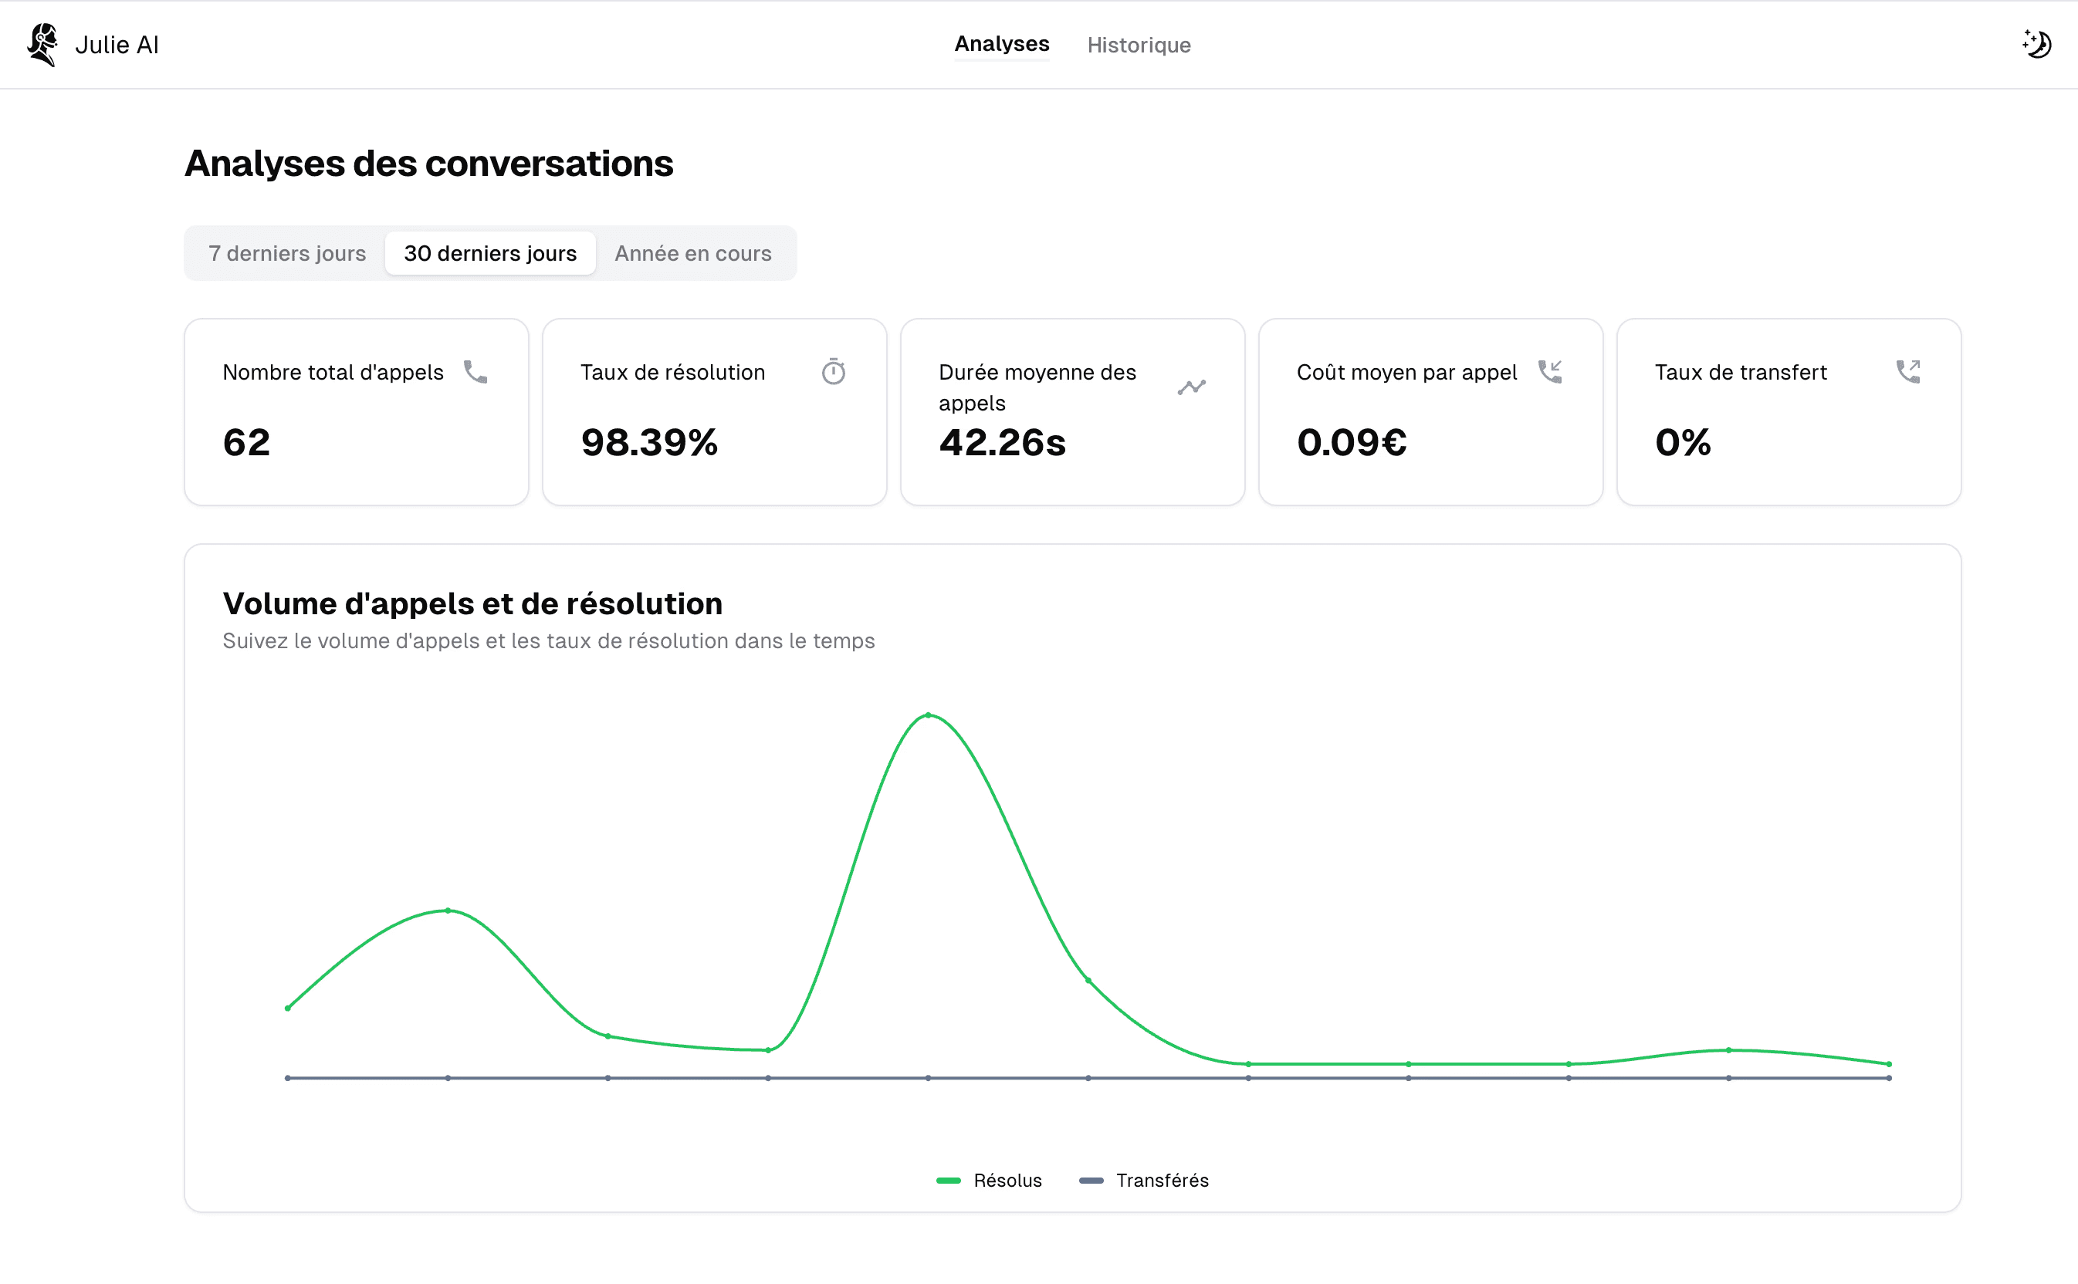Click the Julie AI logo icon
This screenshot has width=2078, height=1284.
(x=42, y=44)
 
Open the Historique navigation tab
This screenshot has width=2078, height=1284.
(x=1139, y=45)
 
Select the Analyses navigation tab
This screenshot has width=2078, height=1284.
(x=1002, y=44)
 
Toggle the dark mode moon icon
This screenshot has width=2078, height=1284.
(x=2036, y=44)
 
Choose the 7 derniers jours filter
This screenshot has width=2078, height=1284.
(x=287, y=253)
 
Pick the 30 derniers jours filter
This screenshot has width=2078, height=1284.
(x=490, y=253)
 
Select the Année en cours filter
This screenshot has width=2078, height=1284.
(x=693, y=253)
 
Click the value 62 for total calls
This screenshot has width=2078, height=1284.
(x=246, y=442)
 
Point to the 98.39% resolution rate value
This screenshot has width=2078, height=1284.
(x=649, y=442)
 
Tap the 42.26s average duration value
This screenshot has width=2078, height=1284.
(x=1002, y=442)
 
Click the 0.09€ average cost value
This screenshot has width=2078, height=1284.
(x=1352, y=442)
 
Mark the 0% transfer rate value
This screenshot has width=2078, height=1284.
(x=1682, y=442)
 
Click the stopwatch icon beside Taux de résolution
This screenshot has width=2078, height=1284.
(x=834, y=371)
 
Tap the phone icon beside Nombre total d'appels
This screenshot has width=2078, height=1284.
(x=476, y=372)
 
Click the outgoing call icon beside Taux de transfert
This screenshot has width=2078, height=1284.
(x=1908, y=371)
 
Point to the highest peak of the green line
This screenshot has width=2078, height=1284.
(x=928, y=715)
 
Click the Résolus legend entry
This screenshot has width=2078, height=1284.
(x=989, y=1181)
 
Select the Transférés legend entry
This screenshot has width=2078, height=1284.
(x=1143, y=1181)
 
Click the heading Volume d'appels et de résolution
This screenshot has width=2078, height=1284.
(x=472, y=603)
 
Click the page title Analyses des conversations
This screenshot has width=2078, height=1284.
(x=429, y=163)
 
